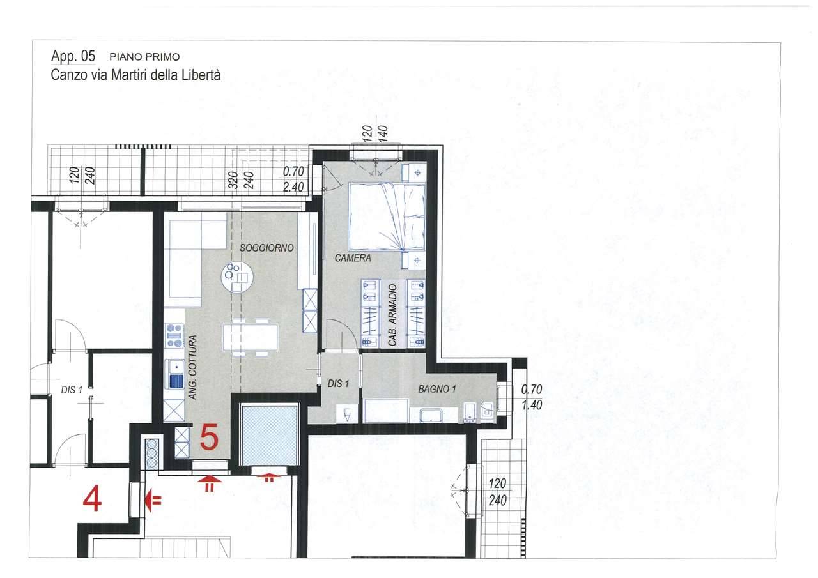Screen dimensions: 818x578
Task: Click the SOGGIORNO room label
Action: coord(266,248)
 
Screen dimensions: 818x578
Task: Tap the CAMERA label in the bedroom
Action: coord(353,258)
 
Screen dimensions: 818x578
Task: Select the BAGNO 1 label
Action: coord(437,390)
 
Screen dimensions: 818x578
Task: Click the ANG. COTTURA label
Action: coord(193,367)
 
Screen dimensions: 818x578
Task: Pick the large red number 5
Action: coord(209,437)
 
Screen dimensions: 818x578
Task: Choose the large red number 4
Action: coord(92,500)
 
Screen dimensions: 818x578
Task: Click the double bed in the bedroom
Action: coord(387,217)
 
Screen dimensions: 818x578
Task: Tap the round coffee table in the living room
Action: coord(237,277)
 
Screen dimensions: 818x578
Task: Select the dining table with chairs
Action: coord(251,337)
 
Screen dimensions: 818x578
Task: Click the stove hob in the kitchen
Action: coord(174,335)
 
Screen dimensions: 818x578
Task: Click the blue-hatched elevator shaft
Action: coord(270,435)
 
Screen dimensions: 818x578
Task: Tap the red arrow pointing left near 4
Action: coord(153,500)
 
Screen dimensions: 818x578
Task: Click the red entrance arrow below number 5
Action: coord(210,483)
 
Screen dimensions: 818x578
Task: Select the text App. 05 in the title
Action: coord(73,56)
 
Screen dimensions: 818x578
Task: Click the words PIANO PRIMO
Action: coord(144,57)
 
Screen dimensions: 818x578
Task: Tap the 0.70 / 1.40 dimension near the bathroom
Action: coord(531,397)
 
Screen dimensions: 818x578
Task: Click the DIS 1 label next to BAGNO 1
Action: coord(338,383)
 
